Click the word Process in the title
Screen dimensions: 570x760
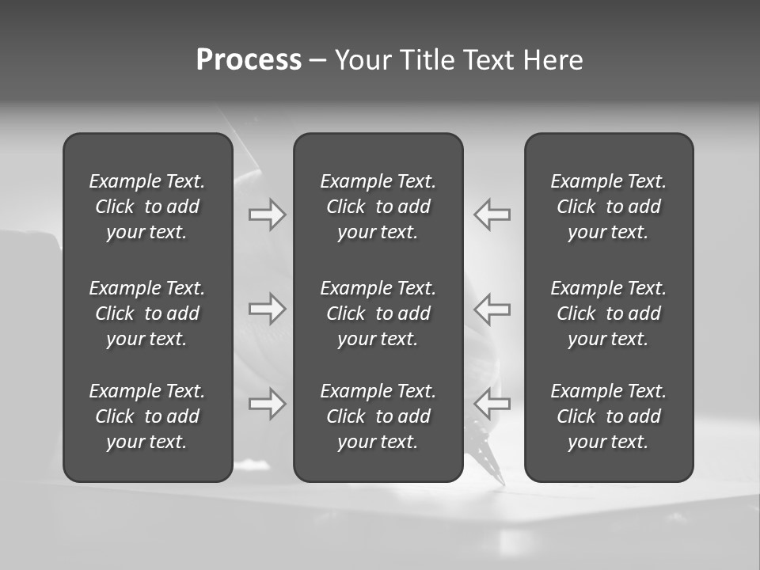tap(249, 60)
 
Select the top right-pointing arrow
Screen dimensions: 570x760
tap(268, 215)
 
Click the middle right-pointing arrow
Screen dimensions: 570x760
tap(268, 309)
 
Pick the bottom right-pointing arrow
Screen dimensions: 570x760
tap(268, 404)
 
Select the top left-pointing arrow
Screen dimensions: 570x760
tap(492, 215)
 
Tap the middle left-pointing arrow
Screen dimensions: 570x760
tap(492, 309)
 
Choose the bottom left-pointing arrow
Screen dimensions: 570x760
tap(492, 404)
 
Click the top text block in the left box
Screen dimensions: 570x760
tap(147, 207)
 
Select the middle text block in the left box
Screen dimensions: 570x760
tap(147, 313)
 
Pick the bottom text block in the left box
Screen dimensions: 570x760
tap(147, 416)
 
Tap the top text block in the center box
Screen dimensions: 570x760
tap(378, 207)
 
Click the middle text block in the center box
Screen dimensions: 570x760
tap(378, 313)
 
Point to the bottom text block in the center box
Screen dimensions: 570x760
tap(378, 416)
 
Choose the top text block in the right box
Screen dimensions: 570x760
tap(609, 207)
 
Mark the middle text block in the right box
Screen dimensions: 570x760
tap(609, 313)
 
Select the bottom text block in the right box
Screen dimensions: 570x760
tap(609, 416)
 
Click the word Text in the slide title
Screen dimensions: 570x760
tap(488, 60)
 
